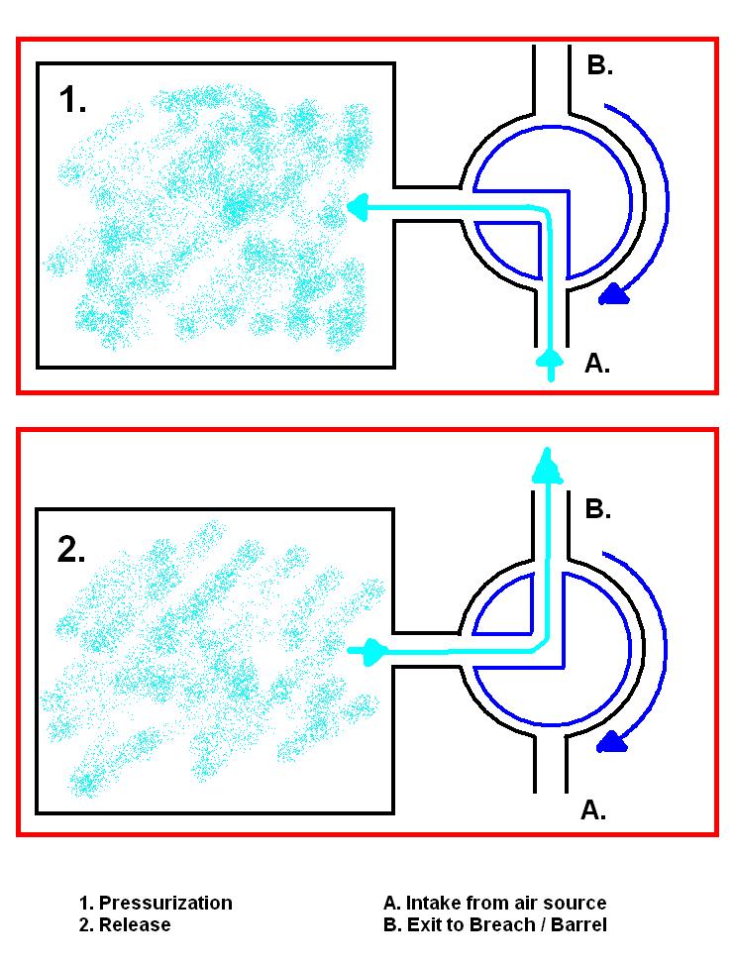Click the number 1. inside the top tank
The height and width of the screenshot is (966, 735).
[73, 100]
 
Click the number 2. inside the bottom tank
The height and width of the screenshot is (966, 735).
[73, 548]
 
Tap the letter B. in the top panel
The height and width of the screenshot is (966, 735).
[600, 66]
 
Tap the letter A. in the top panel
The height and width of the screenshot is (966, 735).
[596, 364]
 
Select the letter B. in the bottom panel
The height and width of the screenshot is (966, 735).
[598, 509]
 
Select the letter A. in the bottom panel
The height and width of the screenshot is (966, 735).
[592, 809]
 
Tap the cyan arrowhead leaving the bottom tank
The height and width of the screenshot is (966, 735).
[374, 651]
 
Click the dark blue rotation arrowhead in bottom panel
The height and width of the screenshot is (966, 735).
[614, 740]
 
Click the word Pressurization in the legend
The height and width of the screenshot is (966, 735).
[165, 903]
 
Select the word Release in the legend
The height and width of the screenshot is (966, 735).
[135, 924]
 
